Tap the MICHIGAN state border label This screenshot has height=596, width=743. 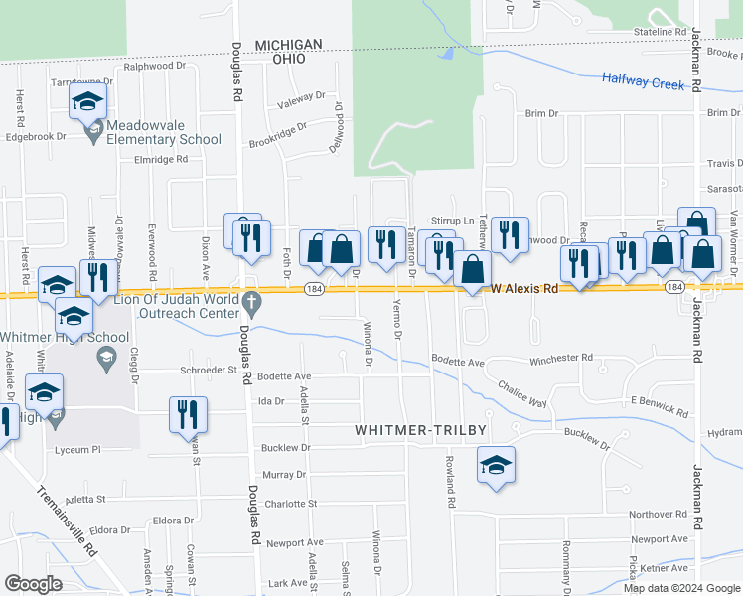(x=289, y=45)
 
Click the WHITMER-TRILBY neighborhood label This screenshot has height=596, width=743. (x=420, y=429)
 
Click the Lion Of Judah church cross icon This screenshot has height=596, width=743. (x=251, y=301)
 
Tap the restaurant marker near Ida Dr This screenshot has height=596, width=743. (x=188, y=414)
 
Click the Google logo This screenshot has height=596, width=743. (x=33, y=583)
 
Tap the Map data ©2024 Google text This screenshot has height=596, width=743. (x=681, y=588)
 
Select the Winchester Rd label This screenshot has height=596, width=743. (x=560, y=358)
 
